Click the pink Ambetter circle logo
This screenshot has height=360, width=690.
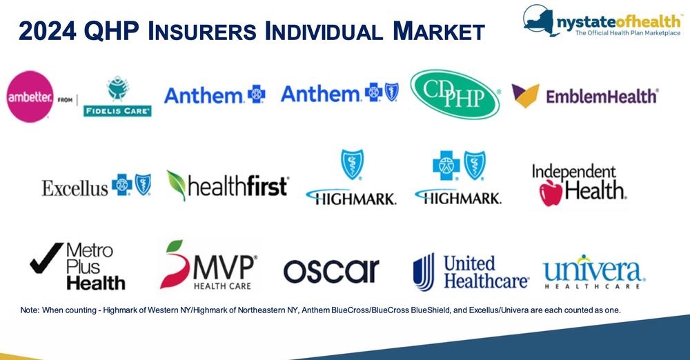[29, 97]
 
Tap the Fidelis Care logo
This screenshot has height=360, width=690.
[117, 98]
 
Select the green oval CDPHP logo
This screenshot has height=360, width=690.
[455, 94]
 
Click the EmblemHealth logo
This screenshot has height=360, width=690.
[585, 95]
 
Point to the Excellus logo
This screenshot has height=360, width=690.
[96, 186]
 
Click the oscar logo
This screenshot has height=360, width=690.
[331, 271]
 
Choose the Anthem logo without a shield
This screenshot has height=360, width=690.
[214, 94]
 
